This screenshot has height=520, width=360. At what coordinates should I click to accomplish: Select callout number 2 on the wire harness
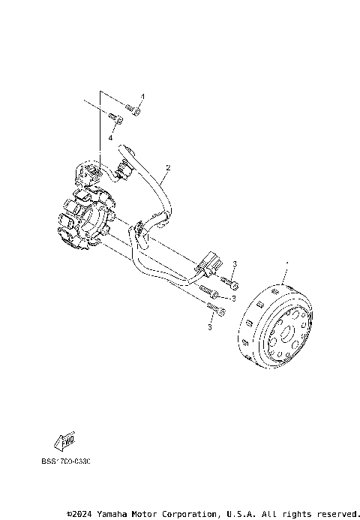pyautogui.click(x=169, y=167)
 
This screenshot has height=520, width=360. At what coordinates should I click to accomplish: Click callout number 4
pyautogui.click(x=110, y=138)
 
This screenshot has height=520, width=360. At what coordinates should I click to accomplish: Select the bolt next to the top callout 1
pyautogui.click(x=133, y=111)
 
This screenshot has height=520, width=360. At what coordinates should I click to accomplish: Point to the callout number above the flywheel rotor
pyautogui.click(x=287, y=264)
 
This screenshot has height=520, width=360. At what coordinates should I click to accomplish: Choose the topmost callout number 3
pyautogui.click(x=235, y=264)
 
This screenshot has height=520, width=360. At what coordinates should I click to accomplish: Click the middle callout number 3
pyautogui.click(x=233, y=298)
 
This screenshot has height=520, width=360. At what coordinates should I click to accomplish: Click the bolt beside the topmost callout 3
pyautogui.click(x=229, y=282)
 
